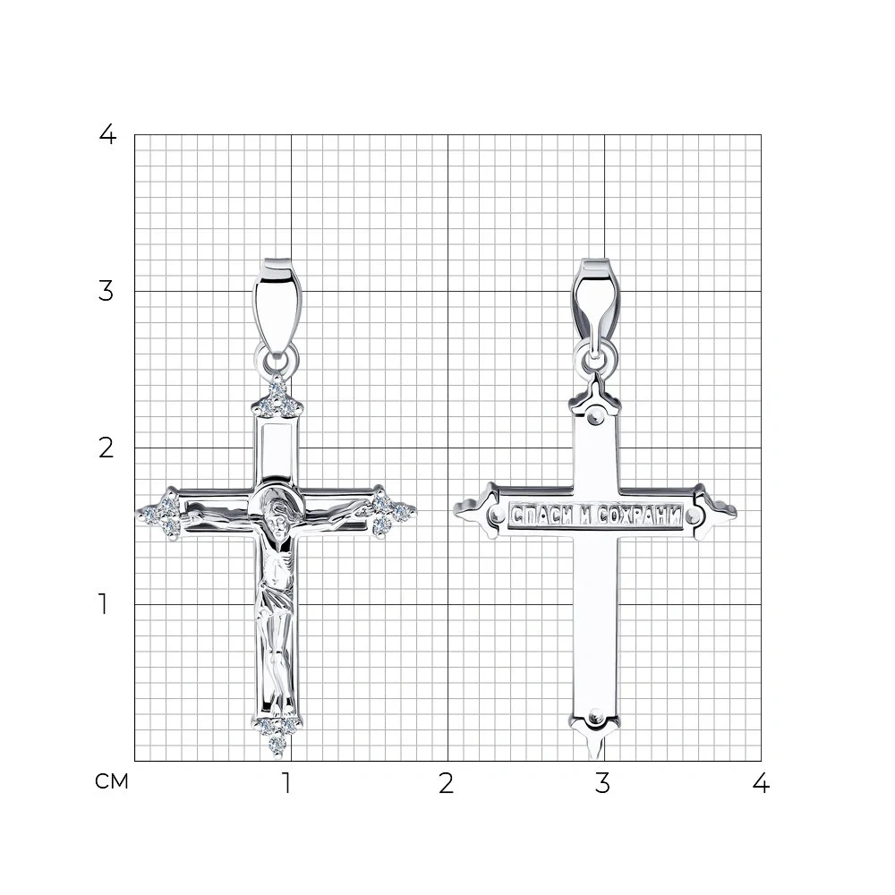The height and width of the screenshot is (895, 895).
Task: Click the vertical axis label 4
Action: pos(107,135)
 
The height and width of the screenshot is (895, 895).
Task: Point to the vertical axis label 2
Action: pos(107,448)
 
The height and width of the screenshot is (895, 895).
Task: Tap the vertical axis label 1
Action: pos(103,604)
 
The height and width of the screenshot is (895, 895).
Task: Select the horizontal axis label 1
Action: pos(286,783)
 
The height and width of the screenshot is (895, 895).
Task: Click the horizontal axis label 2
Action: pos(447,783)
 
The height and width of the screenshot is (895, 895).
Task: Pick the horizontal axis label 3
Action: pos(602,783)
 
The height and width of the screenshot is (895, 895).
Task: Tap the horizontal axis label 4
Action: pos(761,783)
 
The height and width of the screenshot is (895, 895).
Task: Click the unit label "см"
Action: pos(112,781)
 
